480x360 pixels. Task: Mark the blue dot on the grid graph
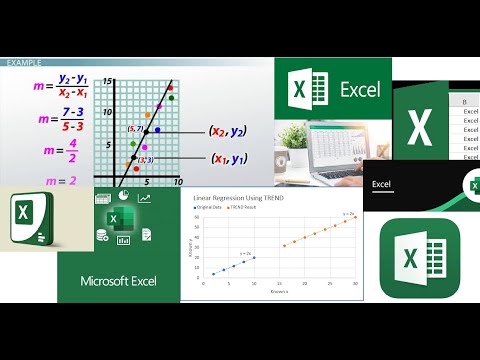[x=157, y=130]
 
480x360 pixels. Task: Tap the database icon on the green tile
[x=102, y=236]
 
